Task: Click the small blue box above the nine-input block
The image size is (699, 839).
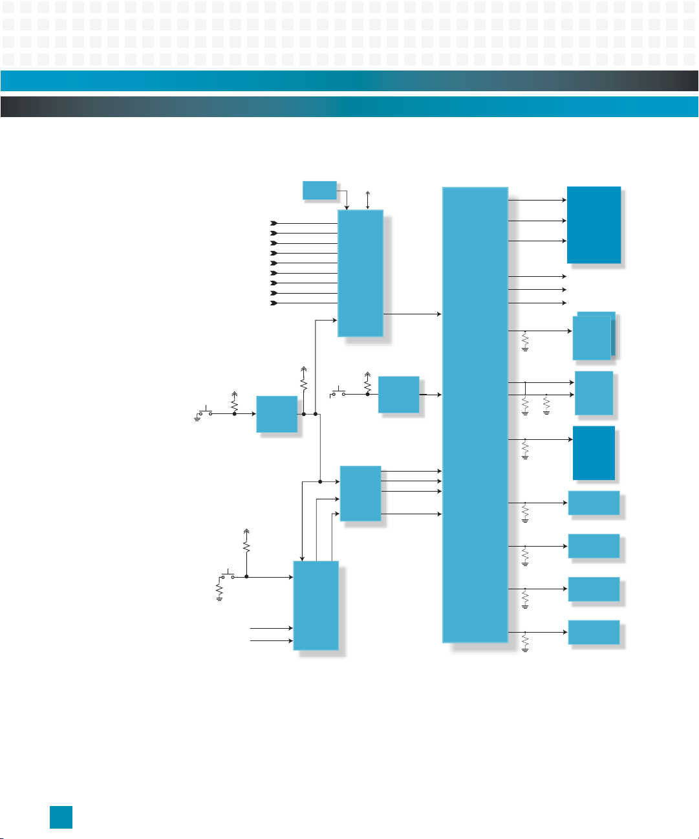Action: pyautogui.click(x=319, y=190)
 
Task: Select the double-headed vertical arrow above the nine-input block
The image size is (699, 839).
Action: pyautogui.click(x=367, y=200)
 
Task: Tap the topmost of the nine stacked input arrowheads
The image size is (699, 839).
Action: pyautogui.click(x=274, y=223)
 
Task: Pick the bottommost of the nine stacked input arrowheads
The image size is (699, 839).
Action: pyautogui.click(x=274, y=303)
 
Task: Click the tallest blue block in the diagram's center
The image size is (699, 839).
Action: pyautogui.click(x=475, y=414)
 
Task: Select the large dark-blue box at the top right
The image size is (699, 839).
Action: pyautogui.click(x=594, y=224)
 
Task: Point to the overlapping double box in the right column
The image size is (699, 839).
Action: pyautogui.click(x=594, y=336)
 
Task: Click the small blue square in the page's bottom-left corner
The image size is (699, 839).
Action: pyautogui.click(x=61, y=817)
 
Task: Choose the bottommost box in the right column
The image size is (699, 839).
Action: pyautogui.click(x=594, y=632)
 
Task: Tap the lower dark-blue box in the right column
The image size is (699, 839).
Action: pyautogui.click(x=594, y=453)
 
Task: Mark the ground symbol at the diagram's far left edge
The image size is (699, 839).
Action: pyautogui.click(x=197, y=418)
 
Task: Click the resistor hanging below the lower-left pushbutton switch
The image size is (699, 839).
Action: pyautogui.click(x=220, y=591)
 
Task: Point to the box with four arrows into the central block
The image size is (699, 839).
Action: pyautogui.click(x=360, y=493)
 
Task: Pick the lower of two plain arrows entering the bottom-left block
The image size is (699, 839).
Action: pyautogui.click(x=272, y=641)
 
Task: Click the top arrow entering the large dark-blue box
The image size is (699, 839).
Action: pyautogui.click(x=537, y=200)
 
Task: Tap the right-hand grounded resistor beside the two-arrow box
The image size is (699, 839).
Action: pyautogui.click(x=546, y=404)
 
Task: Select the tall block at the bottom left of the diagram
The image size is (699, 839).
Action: pyautogui.click(x=316, y=605)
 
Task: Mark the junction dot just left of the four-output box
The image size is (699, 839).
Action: pyautogui.click(x=320, y=481)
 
